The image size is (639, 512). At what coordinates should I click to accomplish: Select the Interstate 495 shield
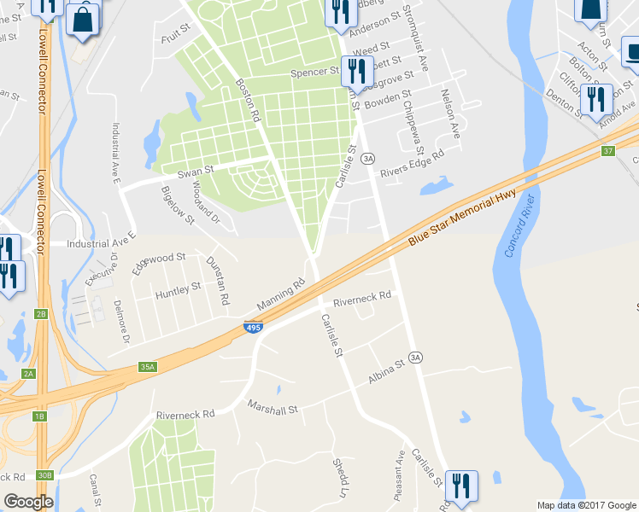coord(253,327)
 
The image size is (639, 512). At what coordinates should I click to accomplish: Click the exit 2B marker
coord(40,314)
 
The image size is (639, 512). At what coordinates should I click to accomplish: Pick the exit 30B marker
coord(44,475)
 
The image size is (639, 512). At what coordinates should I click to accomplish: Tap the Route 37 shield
coord(607,151)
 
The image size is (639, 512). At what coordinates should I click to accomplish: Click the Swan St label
coord(194,172)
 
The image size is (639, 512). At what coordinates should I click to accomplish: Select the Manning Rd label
coord(280,295)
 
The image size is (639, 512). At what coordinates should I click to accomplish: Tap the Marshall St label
coord(273,408)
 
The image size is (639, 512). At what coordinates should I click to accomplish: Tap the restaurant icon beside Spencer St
coord(354,70)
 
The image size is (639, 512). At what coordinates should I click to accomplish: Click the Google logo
coord(28,502)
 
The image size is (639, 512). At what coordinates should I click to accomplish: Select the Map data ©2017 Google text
coord(587,505)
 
